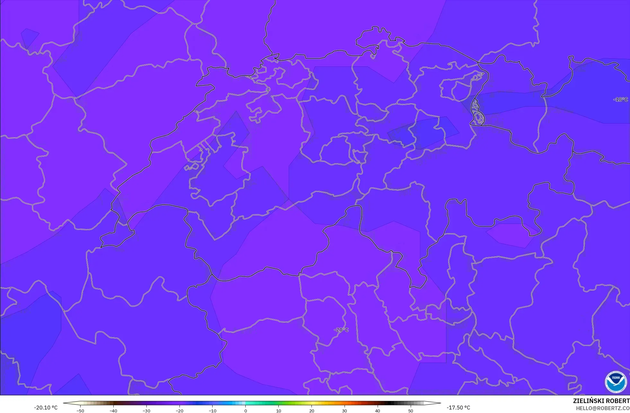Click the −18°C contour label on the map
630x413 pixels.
pos(620,99)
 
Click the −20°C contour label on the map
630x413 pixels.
pos(341,330)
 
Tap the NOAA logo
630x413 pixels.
pos(616,382)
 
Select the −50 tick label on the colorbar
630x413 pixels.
pos(80,411)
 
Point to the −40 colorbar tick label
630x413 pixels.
pos(113,411)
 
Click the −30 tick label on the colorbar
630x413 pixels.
pos(146,411)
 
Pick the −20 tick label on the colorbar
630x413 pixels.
pos(179,411)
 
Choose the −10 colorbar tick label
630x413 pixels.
pos(212,411)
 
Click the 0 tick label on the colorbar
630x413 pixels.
pos(246,411)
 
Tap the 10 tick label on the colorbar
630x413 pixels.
pos(278,411)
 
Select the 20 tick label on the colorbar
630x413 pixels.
pos(311,411)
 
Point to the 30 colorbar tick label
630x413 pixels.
pos(345,411)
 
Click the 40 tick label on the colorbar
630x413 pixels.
pos(378,411)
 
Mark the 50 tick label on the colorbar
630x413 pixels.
pos(411,411)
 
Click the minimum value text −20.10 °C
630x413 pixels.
pos(46,408)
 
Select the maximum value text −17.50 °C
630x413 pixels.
pos(458,408)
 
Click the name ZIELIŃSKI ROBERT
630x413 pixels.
pos(601,401)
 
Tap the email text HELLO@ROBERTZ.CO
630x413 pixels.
pos(602,409)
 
